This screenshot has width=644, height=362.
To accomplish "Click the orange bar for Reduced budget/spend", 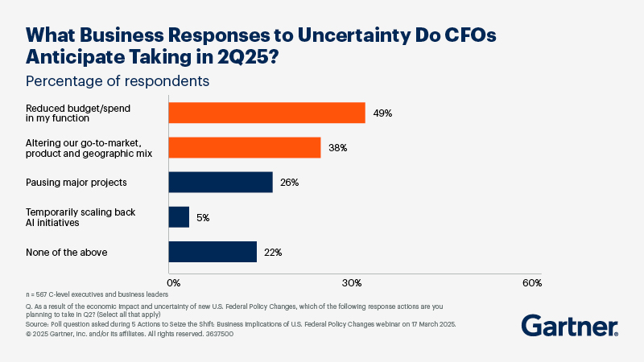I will tap(266, 113).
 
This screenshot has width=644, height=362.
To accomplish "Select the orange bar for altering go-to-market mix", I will tap(245, 147).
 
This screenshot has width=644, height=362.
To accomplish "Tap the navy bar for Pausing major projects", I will tap(221, 183).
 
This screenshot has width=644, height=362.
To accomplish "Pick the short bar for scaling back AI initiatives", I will tap(179, 217).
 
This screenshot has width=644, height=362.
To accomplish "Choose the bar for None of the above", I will tap(213, 252).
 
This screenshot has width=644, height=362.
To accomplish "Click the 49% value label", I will tap(382, 113).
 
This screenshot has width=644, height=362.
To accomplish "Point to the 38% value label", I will tap(338, 148).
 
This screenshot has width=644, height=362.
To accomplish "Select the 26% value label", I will tap(290, 183).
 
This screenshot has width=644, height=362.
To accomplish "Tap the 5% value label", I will tap(203, 217).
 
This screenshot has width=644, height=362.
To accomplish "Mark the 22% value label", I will tap(273, 253).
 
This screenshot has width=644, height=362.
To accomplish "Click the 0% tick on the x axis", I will tap(173, 283).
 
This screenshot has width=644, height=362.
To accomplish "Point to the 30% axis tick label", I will tap(352, 283).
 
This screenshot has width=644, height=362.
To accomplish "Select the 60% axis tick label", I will tap(532, 283).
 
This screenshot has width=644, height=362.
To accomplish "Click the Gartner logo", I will tap(570, 326).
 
